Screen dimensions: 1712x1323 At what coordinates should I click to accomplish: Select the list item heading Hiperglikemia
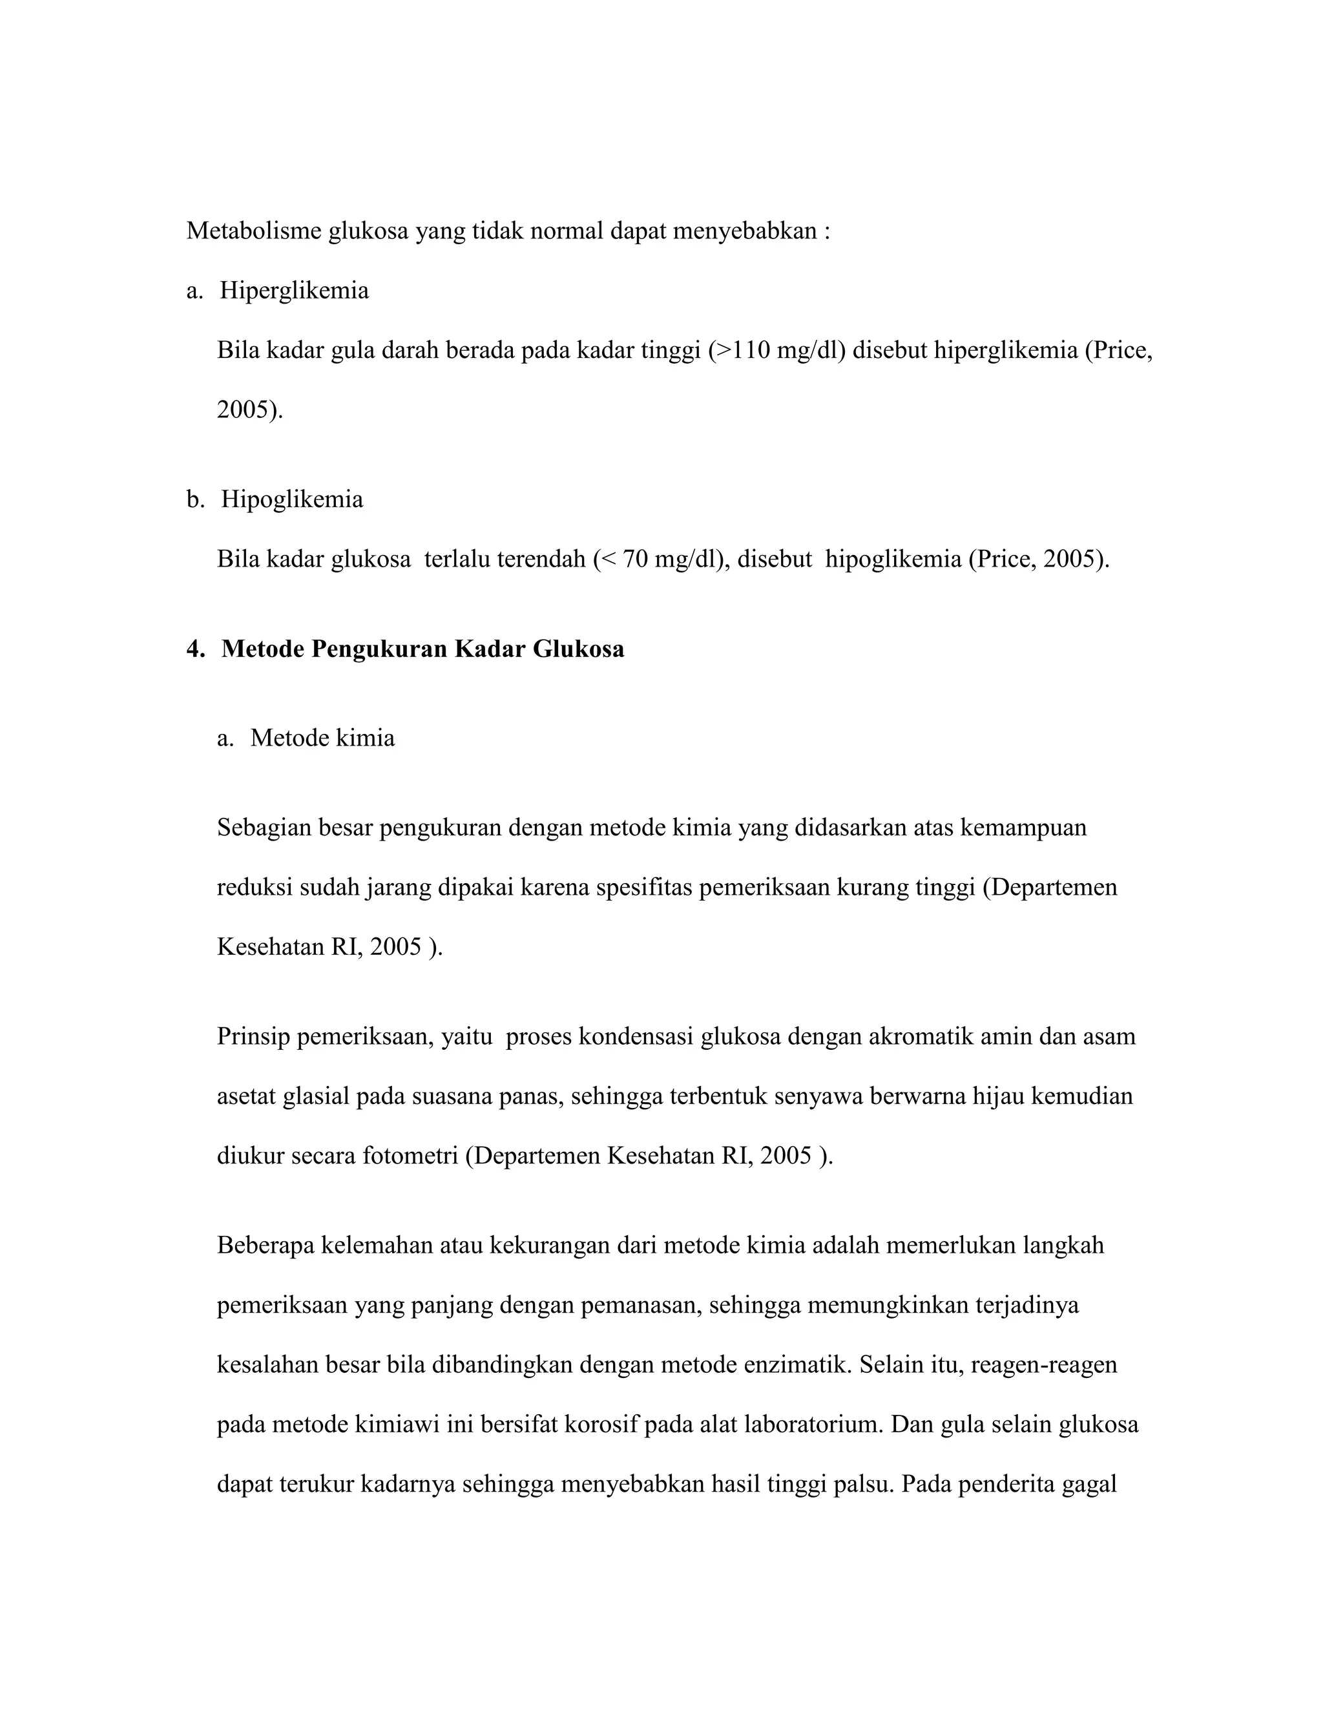[294, 291]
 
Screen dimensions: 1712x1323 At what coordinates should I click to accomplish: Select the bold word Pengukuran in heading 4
[379, 649]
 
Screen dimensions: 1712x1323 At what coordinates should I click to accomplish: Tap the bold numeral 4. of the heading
[195, 649]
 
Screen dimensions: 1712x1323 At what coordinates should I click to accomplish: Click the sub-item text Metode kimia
[322, 738]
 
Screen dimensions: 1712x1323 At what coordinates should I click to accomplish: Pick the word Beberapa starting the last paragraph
[265, 1246]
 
